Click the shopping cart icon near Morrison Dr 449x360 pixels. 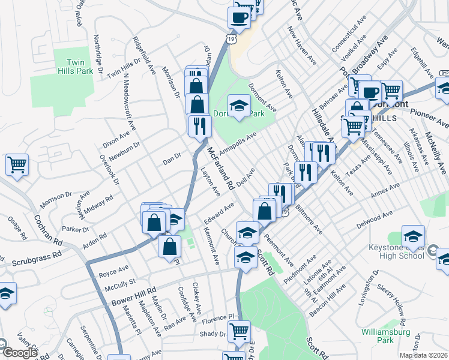(x=17, y=164)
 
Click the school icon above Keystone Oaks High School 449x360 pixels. (x=413, y=235)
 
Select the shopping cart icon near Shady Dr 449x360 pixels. (x=239, y=329)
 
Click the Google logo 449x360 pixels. (x=19, y=353)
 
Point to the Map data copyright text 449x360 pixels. (x=423, y=355)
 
